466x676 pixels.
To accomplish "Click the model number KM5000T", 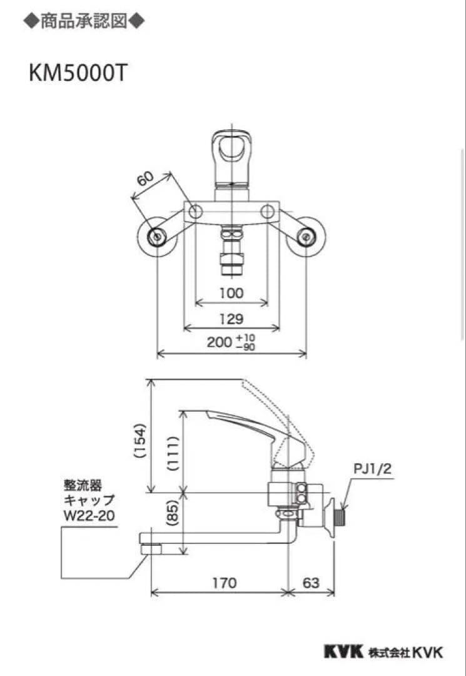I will (x=78, y=73).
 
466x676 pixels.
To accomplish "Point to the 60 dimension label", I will (x=145, y=180).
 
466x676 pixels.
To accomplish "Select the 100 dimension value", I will (x=231, y=292).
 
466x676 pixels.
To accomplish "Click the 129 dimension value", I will (x=231, y=319).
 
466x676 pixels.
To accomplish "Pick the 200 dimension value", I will (x=220, y=342).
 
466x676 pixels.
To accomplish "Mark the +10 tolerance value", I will (x=246, y=337).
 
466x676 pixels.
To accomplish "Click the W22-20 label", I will (x=89, y=515).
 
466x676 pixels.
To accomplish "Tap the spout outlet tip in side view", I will (x=150, y=548).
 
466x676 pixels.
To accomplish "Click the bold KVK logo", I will (x=343, y=652).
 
